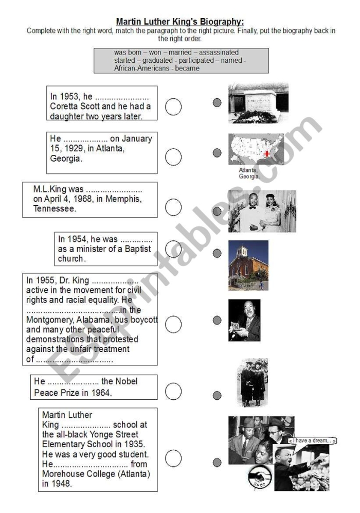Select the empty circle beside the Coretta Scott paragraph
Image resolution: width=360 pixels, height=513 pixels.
(x=173, y=107)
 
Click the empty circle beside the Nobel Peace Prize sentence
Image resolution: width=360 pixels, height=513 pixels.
(x=173, y=392)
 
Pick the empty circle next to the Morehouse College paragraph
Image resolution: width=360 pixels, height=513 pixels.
(x=173, y=458)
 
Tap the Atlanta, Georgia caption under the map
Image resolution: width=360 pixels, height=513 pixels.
(x=249, y=173)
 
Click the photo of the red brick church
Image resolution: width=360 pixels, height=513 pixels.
(x=248, y=265)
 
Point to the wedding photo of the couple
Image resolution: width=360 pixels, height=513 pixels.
(x=262, y=211)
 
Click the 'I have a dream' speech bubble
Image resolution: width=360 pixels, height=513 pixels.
(x=312, y=441)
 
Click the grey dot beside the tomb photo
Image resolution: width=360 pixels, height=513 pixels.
(x=217, y=103)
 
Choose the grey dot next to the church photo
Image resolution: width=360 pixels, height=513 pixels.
(x=217, y=253)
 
